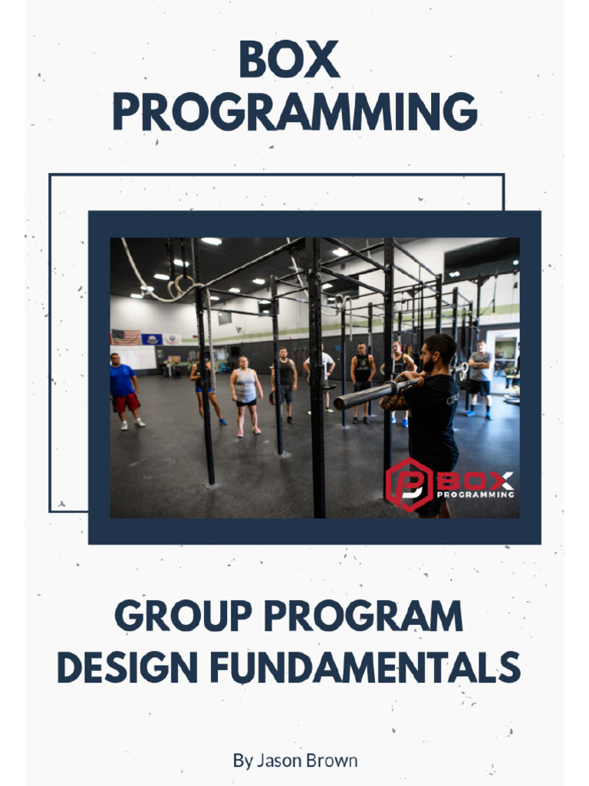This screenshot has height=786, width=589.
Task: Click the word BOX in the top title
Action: click(288, 60)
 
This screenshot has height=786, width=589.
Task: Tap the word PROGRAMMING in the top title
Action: click(294, 112)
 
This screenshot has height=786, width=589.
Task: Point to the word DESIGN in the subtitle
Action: click(128, 667)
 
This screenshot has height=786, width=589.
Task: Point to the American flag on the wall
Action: click(127, 336)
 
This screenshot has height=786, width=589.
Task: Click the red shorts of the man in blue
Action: click(125, 402)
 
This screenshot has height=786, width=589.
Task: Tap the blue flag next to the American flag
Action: click(151, 339)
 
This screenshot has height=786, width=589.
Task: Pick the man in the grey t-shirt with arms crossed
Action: click(479, 376)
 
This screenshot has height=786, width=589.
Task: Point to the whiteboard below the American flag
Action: click(135, 357)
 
